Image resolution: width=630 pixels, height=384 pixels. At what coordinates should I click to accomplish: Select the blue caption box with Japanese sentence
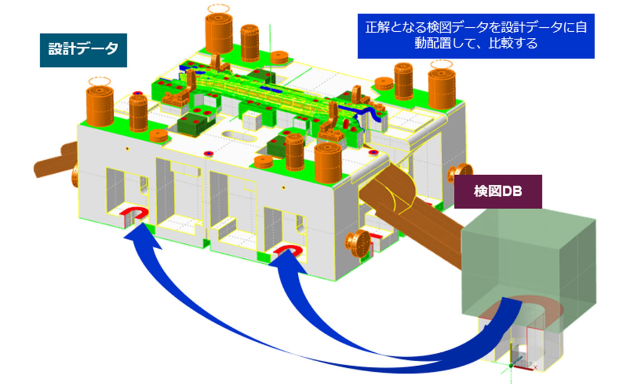click(476, 35)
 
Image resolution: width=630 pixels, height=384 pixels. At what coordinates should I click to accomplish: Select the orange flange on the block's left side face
click(76, 176)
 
